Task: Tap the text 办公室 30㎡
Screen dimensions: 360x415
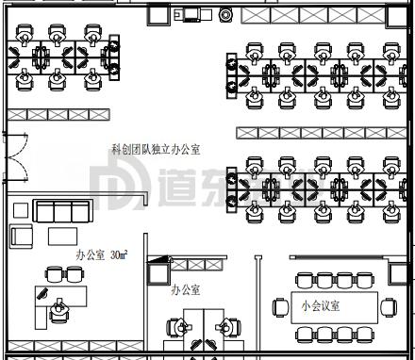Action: pyautogui.click(x=101, y=254)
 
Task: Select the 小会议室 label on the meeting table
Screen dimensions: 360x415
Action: pyautogui.click(x=321, y=306)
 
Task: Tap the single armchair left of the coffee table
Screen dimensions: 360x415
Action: pyautogui.click(x=20, y=237)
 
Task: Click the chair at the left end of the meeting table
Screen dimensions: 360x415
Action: pyautogui.click(x=280, y=307)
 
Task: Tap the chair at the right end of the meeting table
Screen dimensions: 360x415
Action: pyautogui.click(x=388, y=306)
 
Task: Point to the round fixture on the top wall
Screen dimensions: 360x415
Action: pyautogui.click(x=225, y=15)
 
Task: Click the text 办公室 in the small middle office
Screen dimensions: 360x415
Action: pyautogui.click(x=185, y=290)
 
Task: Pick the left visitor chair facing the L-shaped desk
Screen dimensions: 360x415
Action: pyautogui.click(x=55, y=274)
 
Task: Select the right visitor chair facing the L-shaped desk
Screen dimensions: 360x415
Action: pyautogui.click(x=75, y=274)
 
